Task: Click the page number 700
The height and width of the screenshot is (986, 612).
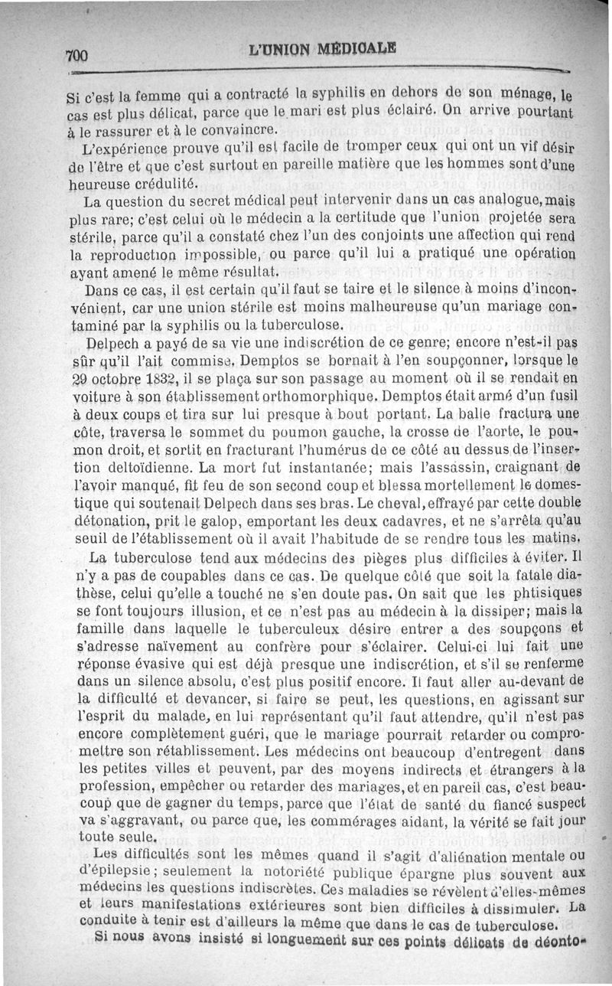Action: [78, 56]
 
